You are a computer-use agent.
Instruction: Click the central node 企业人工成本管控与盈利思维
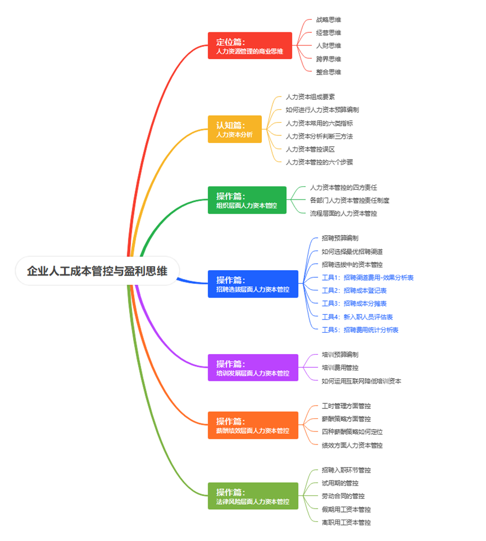[x=97, y=271]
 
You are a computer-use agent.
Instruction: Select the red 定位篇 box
[x=249, y=45]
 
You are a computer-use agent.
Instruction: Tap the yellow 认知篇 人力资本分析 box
[x=235, y=129]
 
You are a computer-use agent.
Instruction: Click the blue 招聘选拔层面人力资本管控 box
[x=253, y=284]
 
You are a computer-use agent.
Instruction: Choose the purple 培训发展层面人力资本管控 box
[x=253, y=368]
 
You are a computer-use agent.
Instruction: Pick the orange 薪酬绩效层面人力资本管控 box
[x=253, y=425]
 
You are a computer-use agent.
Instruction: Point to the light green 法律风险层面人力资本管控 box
[x=253, y=496]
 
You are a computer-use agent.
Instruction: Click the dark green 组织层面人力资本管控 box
[x=247, y=200]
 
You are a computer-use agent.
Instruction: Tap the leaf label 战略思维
[x=328, y=20]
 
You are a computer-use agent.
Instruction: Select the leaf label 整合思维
[x=328, y=72]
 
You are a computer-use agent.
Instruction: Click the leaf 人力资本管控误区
[x=310, y=149]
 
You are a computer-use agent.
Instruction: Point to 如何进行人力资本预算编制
[x=322, y=110]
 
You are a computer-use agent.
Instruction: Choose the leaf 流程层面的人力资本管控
[x=343, y=213]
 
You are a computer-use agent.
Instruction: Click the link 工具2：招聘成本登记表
[x=354, y=291]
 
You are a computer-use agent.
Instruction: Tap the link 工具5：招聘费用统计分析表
[x=359, y=330]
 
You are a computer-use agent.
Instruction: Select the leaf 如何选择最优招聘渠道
[x=352, y=252]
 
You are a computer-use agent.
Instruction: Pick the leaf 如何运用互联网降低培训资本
[x=361, y=381]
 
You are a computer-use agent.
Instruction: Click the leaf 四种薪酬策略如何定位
[x=352, y=432]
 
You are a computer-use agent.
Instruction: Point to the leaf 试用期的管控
[x=340, y=483]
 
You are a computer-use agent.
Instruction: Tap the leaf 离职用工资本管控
[x=346, y=522]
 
